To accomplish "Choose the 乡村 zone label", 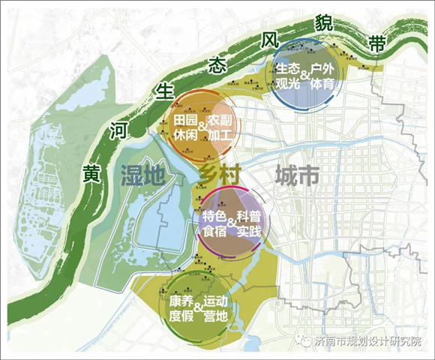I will [x=218, y=177].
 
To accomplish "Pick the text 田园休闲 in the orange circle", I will [x=185, y=127].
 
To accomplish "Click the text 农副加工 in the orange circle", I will [x=222, y=127].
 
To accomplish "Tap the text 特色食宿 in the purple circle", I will [x=214, y=223].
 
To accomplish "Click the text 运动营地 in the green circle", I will [x=215, y=307].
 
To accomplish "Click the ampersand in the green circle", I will [x=197, y=308].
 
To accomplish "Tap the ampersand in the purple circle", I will [x=231, y=223].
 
